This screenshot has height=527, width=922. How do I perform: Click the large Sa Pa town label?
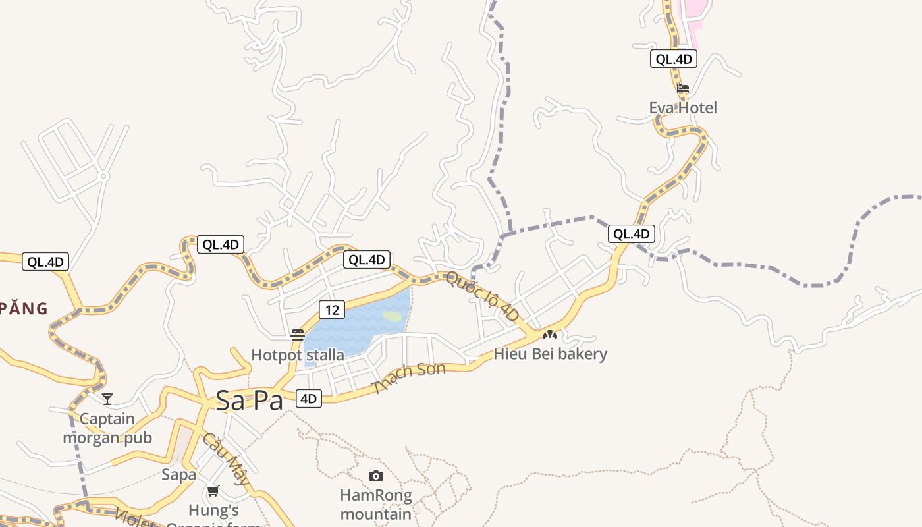click(x=250, y=401)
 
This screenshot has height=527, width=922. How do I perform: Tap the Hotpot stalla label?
click(x=298, y=355)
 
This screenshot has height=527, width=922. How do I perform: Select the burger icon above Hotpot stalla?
click(x=298, y=335)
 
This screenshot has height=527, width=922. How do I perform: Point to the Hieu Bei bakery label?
click(x=551, y=354)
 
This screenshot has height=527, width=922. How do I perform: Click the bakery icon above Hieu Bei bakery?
click(x=550, y=335)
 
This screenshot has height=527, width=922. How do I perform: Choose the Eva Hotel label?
click(x=683, y=107)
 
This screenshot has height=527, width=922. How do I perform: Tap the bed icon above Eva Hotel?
click(x=683, y=88)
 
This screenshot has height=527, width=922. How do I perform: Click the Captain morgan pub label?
click(x=107, y=428)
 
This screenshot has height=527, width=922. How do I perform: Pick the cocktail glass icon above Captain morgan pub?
click(x=107, y=399)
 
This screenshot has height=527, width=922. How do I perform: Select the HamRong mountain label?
click(x=376, y=504)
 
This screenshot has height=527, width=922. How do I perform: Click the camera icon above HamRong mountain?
click(x=376, y=476)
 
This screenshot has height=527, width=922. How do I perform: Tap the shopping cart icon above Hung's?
click(x=213, y=491)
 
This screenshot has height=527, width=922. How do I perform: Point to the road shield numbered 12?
click(x=332, y=310)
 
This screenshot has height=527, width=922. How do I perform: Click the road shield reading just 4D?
click(x=309, y=399)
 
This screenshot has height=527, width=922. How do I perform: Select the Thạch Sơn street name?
click(x=408, y=377)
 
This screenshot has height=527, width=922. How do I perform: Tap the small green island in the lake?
click(x=393, y=316)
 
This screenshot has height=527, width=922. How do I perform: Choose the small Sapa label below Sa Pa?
click(x=179, y=474)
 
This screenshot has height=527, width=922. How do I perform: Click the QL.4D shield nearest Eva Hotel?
click(x=673, y=59)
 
